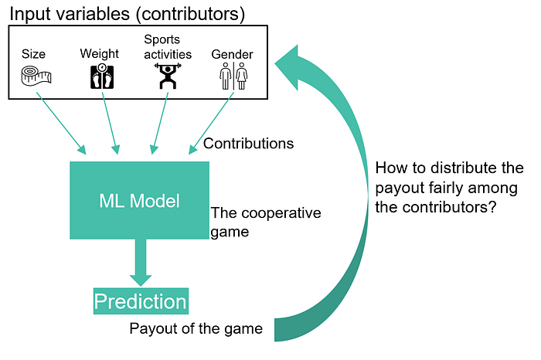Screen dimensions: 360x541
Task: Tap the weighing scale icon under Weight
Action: (x=101, y=76)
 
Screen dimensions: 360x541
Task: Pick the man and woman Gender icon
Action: (x=233, y=76)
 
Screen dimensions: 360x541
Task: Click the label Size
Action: (x=33, y=54)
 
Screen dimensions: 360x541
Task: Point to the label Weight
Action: (x=100, y=53)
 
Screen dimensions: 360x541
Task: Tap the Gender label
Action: (x=232, y=54)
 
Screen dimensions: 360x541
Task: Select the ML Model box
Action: (x=140, y=201)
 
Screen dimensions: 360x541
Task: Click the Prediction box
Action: (x=141, y=301)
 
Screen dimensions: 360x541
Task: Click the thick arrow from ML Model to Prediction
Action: (x=140, y=261)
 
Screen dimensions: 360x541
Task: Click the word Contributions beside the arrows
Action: (x=248, y=144)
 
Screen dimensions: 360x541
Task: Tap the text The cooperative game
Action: (x=265, y=222)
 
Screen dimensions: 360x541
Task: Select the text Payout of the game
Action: (x=196, y=329)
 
